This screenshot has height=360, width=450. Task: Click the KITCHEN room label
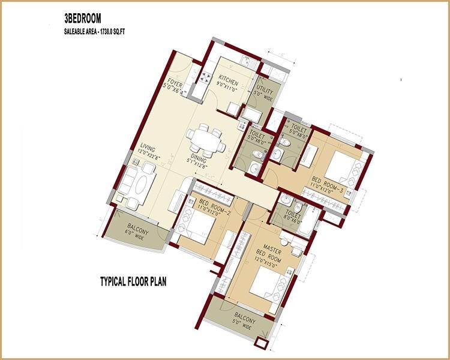point(228,82)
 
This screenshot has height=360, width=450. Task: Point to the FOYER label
point(176,83)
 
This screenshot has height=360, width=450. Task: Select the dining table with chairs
point(204,139)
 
